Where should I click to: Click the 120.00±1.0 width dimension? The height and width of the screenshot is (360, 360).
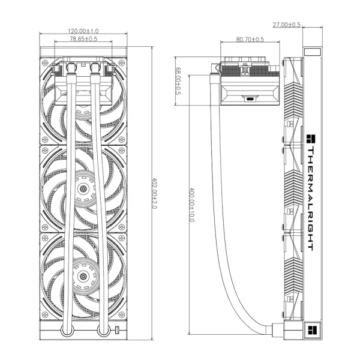[83, 31]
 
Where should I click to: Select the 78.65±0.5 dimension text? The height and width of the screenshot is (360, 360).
[83, 39]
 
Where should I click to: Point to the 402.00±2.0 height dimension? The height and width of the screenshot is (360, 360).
[154, 193]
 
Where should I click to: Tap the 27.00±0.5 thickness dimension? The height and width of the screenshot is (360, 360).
[286, 25]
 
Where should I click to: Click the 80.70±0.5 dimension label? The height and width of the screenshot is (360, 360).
[250, 40]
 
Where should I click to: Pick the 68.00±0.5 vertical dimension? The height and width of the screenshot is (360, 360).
[178, 81]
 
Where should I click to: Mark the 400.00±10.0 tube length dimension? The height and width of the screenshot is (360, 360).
[192, 205]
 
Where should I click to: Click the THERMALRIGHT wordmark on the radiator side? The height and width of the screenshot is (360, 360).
[310, 199]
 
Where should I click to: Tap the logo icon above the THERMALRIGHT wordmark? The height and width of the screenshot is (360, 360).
[311, 139]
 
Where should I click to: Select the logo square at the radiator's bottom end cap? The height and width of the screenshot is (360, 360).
[312, 331]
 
